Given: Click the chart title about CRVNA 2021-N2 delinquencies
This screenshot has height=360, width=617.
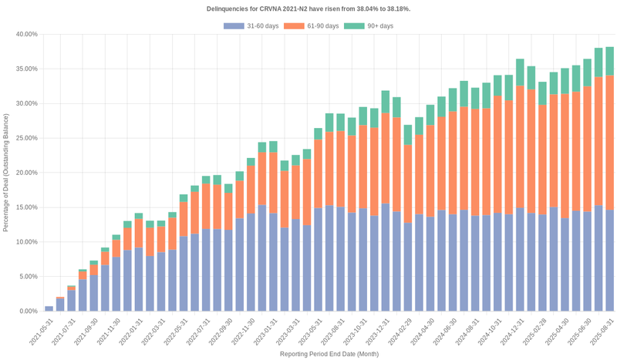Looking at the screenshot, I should pos(308,8).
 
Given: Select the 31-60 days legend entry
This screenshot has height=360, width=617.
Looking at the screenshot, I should pos(251,26).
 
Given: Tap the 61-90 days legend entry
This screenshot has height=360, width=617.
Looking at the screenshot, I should pos(312,26).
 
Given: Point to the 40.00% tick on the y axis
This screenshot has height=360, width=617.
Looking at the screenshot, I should pos(26,35).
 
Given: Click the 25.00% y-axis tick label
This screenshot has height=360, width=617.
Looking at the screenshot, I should pos(26,138).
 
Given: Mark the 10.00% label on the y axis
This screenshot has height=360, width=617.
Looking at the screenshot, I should pos(26,242).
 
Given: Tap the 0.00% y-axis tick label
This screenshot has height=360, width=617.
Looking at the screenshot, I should pos(28,311).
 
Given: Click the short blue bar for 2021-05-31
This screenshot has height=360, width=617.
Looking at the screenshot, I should pos(49,308).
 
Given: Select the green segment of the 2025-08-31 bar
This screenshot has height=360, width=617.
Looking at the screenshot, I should pos(609,61).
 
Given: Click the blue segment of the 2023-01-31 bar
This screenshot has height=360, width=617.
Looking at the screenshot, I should pos(273,262).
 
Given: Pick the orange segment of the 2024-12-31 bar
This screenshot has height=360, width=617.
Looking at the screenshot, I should pos(521,146).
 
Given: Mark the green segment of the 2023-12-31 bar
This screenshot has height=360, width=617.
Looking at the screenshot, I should pos(385,101).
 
